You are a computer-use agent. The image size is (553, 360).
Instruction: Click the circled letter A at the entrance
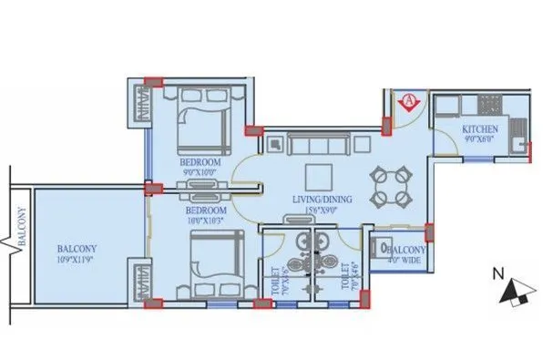pos(409,101)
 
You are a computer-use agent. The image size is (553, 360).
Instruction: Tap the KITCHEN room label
pos(479,128)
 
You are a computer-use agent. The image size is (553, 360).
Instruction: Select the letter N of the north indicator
pos(497,272)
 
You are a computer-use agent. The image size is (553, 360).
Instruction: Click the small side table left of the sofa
pos(275,143)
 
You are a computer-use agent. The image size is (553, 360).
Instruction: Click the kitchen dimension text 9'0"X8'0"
pos(479,139)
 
